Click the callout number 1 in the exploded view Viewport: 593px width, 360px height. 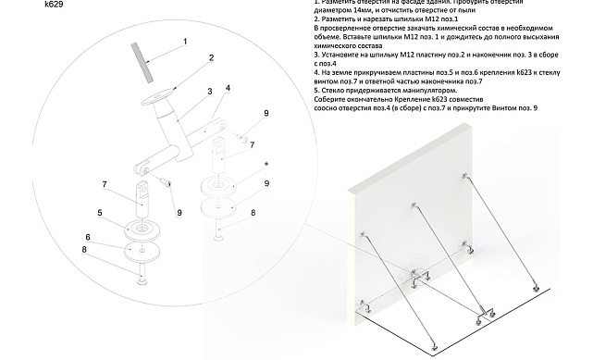click(x=185, y=42)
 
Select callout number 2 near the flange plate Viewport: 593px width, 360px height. click(x=211, y=57)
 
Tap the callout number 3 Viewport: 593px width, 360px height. click(x=210, y=92)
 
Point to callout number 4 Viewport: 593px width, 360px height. click(x=227, y=88)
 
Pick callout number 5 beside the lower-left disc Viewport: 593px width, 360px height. click(x=99, y=213)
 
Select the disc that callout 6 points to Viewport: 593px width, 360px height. click(x=140, y=250)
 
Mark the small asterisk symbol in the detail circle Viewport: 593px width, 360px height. click(x=266, y=163)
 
